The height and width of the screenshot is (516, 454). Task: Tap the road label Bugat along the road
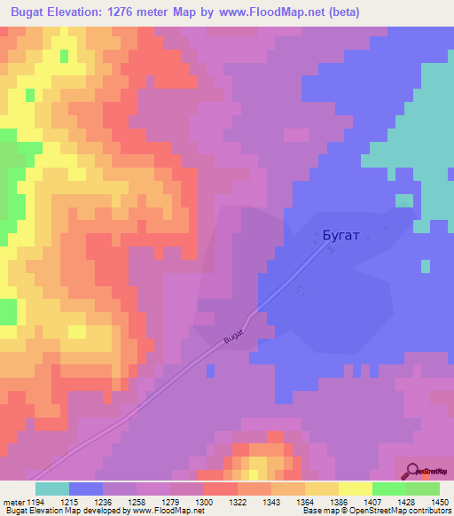pyautogui.click(x=233, y=337)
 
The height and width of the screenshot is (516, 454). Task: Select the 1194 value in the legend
pyautogui.click(x=35, y=502)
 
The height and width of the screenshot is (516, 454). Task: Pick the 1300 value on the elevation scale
pyautogui.click(x=203, y=502)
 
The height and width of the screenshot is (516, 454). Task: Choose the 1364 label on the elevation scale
pyautogui.click(x=304, y=502)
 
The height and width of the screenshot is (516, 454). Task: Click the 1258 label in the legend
pyautogui.click(x=136, y=502)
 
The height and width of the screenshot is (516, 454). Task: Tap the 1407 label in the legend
pyautogui.click(x=372, y=502)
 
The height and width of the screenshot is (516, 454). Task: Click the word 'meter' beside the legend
pyautogui.click(x=12, y=502)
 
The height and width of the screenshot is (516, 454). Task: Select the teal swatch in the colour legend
pyautogui.click(x=52, y=489)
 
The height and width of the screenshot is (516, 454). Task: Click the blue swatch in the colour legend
pyautogui.click(x=86, y=489)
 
